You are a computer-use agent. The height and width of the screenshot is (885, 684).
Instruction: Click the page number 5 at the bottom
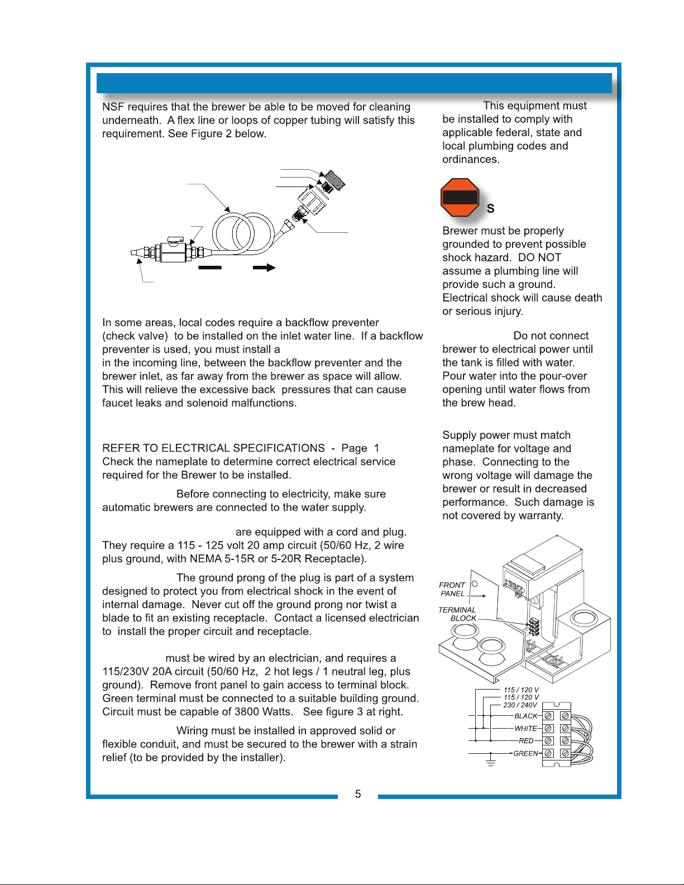(358, 794)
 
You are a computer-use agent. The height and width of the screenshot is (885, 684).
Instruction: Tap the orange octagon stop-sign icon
(460, 197)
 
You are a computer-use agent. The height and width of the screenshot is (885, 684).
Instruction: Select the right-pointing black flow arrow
(264, 267)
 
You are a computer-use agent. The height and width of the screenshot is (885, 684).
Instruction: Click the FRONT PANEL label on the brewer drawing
(452, 589)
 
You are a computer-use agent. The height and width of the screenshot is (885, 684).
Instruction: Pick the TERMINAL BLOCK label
(457, 614)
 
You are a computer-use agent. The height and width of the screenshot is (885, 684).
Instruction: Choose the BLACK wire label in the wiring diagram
(525, 716)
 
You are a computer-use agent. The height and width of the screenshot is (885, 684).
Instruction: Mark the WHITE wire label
(525, 728)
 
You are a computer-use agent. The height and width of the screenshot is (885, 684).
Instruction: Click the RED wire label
(526, 741)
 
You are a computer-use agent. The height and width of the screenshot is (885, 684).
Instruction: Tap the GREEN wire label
(525, 753)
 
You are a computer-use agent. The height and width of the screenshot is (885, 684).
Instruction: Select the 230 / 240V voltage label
(520, 705)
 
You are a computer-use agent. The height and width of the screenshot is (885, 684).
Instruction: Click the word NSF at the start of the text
(113, 107)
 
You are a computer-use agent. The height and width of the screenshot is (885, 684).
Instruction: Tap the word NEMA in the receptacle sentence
(206, 559)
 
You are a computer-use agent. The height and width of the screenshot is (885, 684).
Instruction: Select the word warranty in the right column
(541, 515)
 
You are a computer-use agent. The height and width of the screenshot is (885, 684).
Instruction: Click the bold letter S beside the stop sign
(490, 209)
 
